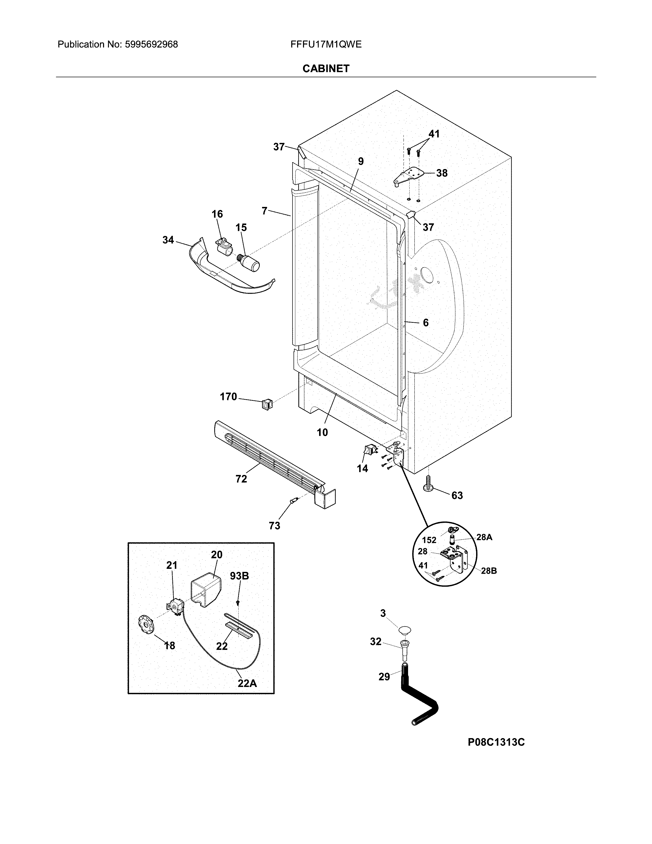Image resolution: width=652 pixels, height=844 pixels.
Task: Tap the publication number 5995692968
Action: [x=151, y=45]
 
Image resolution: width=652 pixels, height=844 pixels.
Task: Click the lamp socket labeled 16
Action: [x=223, y=247]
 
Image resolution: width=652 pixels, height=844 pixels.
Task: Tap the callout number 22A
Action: [x=247, y=683]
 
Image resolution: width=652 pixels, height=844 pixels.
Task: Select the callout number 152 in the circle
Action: [x=429, y=540]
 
